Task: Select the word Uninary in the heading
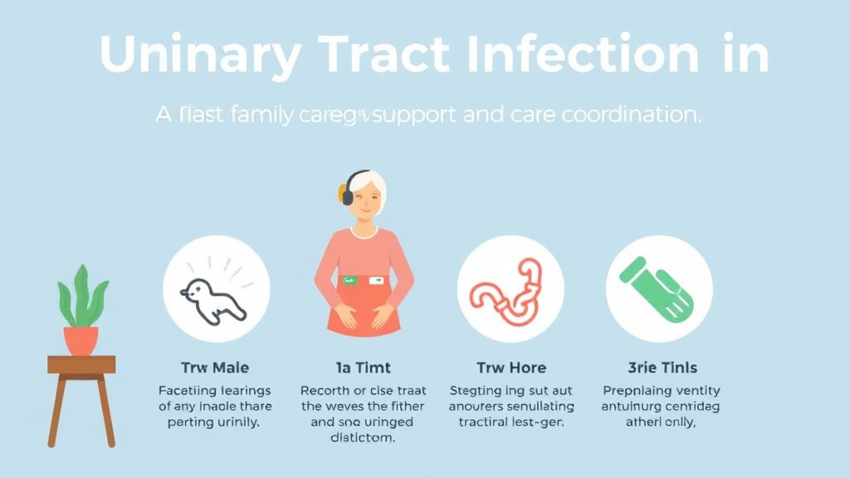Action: pyautogui.click(x=200, y=56)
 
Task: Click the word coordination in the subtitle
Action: pyautogui.click(x=632, y=115)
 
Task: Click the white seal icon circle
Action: pyautogui.click(x=216, y=289)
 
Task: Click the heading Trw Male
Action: pyautogui.click(x=215, y=367)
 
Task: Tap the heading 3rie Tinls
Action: pyautogui.click(x=662, y=367)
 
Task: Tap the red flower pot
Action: pyautogui.click(x=81, y=339)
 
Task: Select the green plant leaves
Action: pyautogui.click(x=81, y=297)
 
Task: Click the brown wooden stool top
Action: pyautogui.click(x=81, y=364)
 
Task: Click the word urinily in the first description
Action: pyautogui.click(x=239, y=422)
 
